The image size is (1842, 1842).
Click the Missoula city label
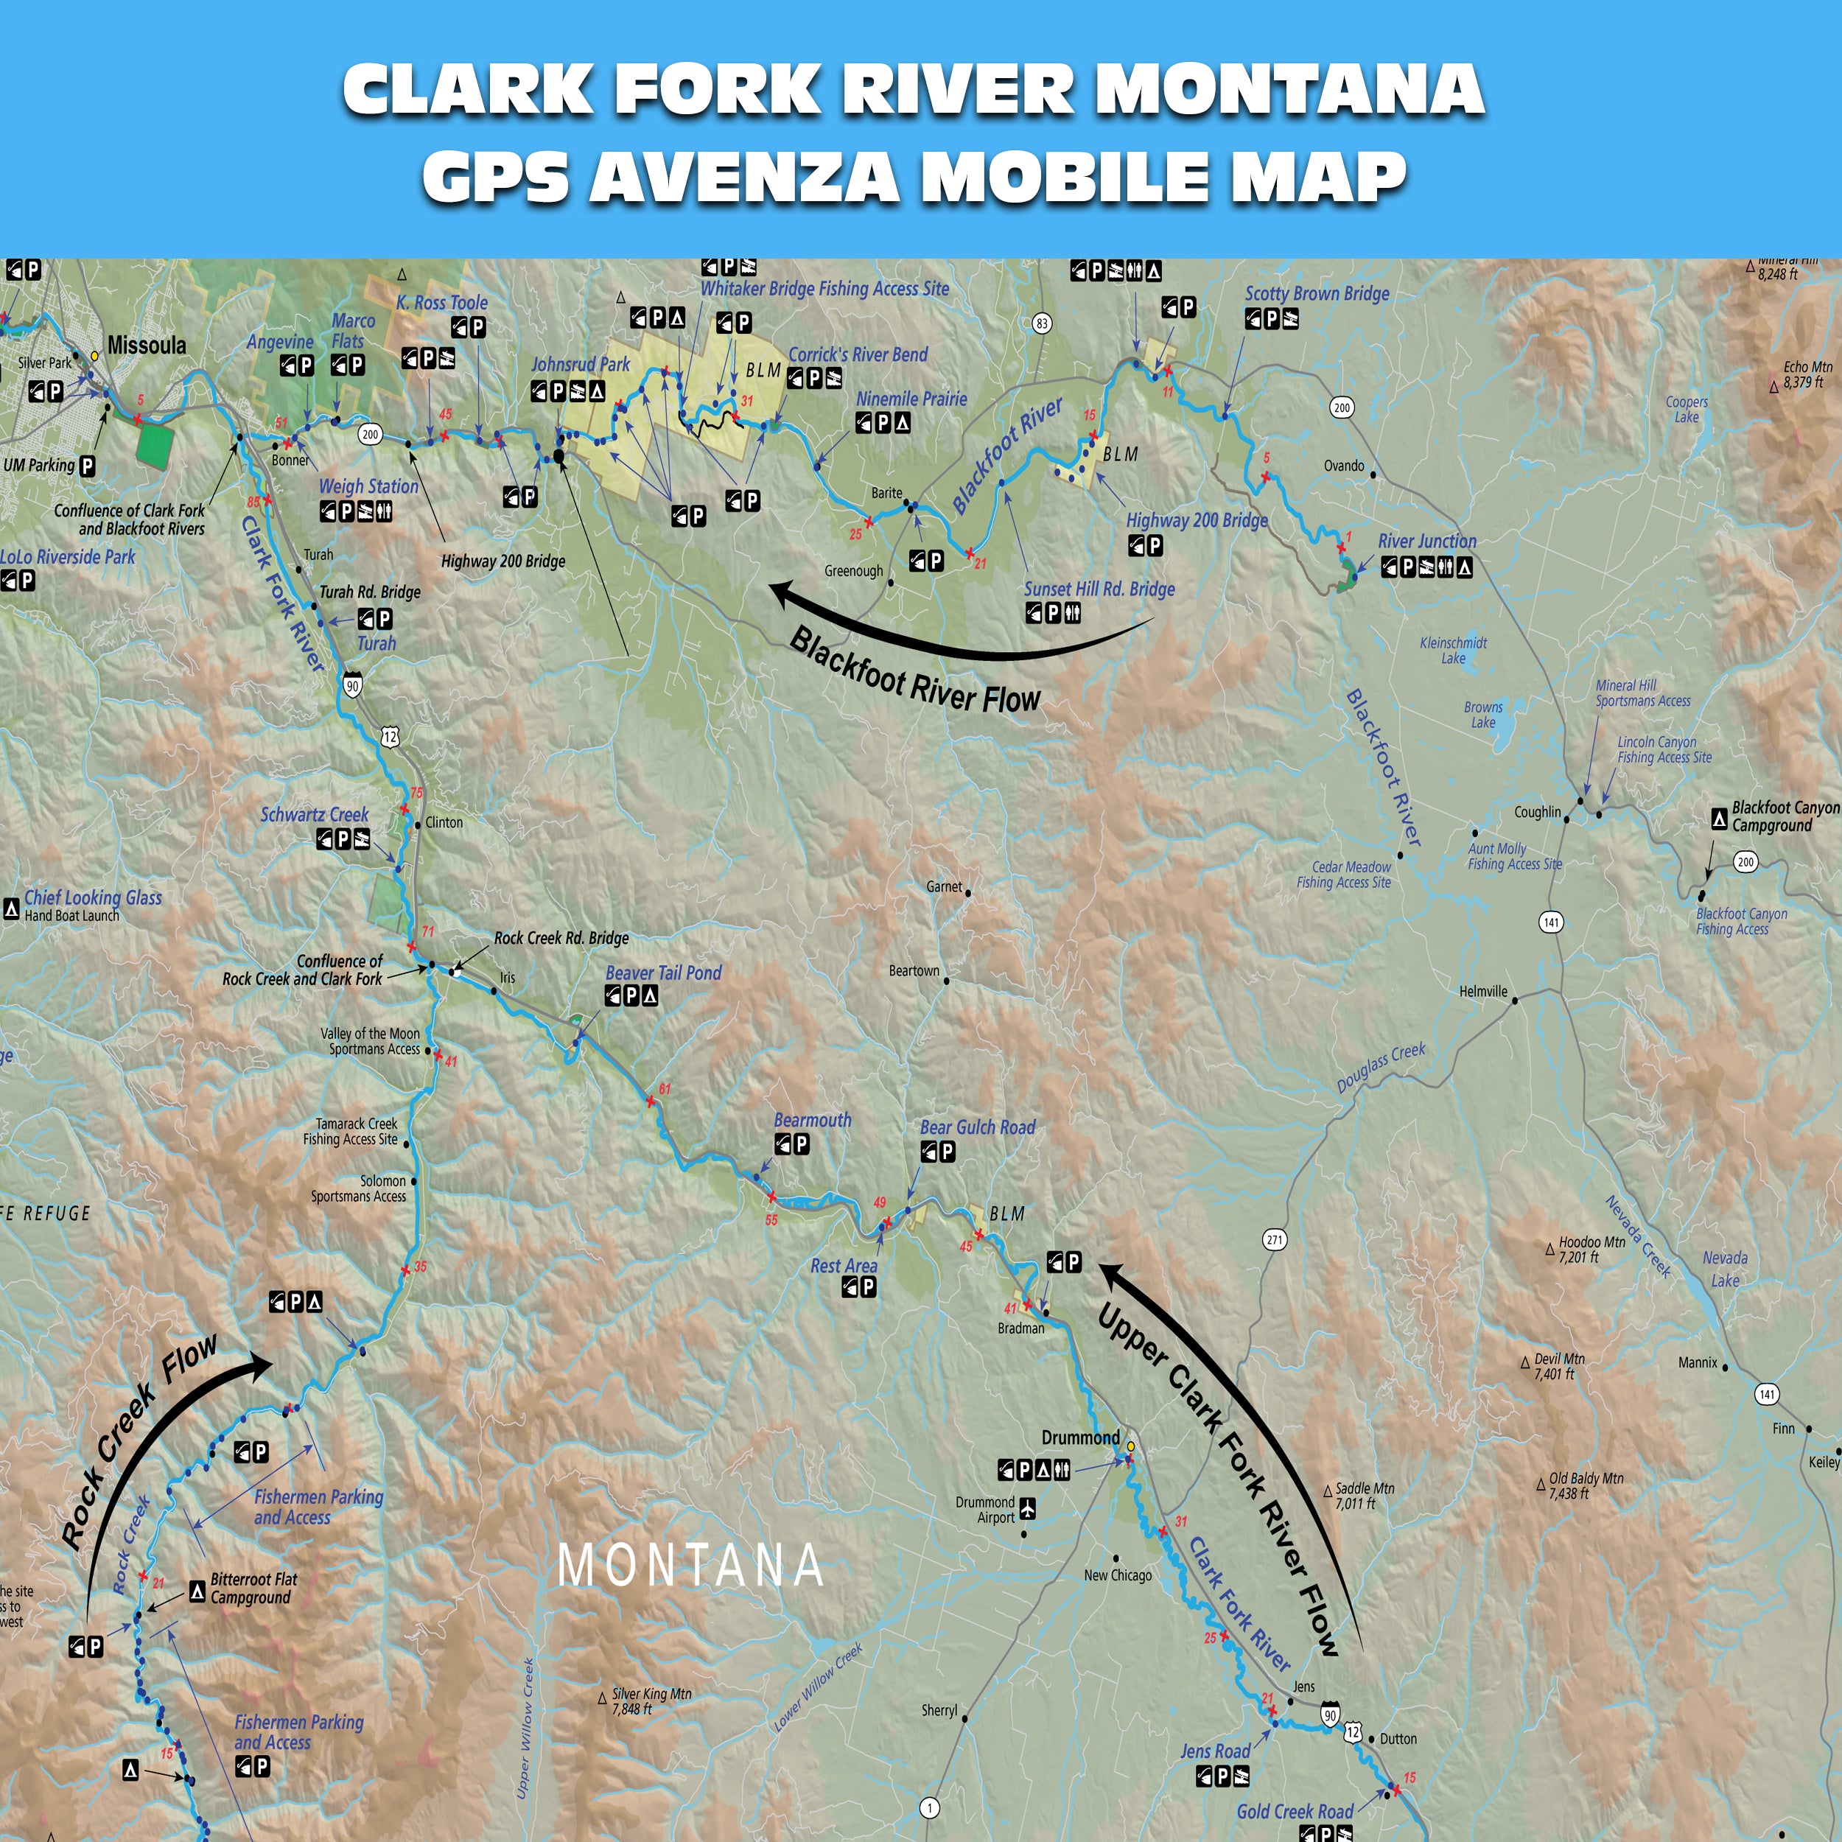click(147, 345)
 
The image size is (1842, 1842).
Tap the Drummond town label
click(1080, 1437)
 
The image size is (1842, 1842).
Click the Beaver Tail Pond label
click(664, 973)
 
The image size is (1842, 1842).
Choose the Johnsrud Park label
click(581, 364)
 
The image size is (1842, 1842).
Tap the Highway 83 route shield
click(1042, 323)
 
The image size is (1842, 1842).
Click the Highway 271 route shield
click(1275, 1239)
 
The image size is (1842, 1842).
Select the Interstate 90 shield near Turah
click(353, 685)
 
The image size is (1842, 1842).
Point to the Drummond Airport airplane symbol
click(1028, 1509)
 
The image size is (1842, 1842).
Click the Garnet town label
click(944, 886)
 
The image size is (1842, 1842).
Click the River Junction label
click(1426, 542)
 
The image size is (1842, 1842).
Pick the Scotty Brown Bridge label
click(1317, 294)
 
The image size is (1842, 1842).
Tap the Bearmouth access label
click(812, 1120)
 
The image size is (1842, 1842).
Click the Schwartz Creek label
click(315, 815)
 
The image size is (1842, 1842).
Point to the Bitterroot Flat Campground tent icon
click(197, 1590)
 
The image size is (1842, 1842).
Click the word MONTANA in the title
click(1289, 91)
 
